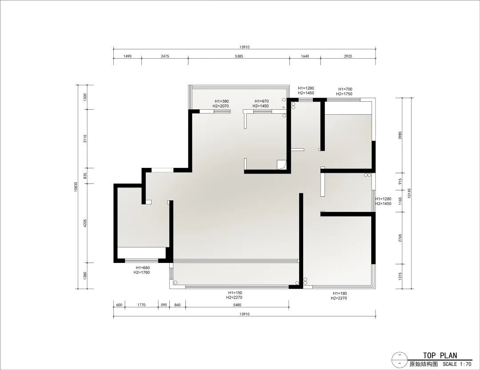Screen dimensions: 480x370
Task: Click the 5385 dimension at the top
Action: (x=239, y=56)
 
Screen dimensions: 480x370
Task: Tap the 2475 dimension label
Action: (x=165, y=56)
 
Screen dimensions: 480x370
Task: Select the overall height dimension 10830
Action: (x=76, y=187)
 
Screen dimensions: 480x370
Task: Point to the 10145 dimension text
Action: (x=410, y=193)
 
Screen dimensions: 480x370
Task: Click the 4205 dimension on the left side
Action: (x=85, y=223)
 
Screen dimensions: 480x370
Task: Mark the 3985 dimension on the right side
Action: (x=400, y=135)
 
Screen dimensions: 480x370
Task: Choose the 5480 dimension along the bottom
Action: (x=237, y=305)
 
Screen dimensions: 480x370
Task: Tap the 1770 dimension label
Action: (x=141, y=305)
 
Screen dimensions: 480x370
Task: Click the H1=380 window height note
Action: (x=222, y=101)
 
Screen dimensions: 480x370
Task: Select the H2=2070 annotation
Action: (x=221, y=106)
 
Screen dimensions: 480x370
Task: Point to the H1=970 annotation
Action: (x=261, y=101)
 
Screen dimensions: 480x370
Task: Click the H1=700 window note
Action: (x=345, y=89)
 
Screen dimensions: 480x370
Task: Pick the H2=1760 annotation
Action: (x=142, y=272)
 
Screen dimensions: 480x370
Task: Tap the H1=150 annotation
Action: (x=235, y=293)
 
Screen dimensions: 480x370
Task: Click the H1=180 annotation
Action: (x=340, y=294)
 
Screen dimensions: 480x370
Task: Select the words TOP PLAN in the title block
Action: (x=440, y=355)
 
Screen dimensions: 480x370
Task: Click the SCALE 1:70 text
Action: (x=457, y=364)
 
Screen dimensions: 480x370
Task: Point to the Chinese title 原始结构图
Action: (x=424, y=364)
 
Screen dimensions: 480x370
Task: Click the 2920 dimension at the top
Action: (x=348, y=56)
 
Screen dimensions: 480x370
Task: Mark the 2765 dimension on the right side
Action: (x=400, y=238)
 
